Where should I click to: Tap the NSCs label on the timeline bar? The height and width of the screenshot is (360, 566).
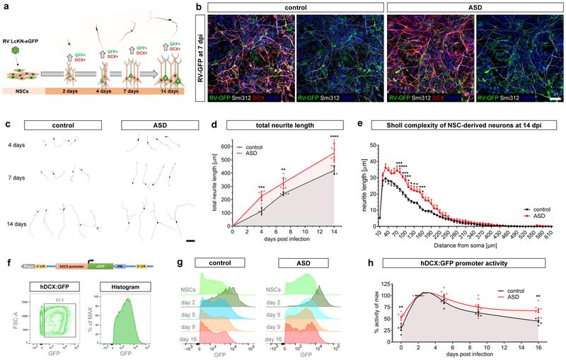[x=23, y=91]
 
